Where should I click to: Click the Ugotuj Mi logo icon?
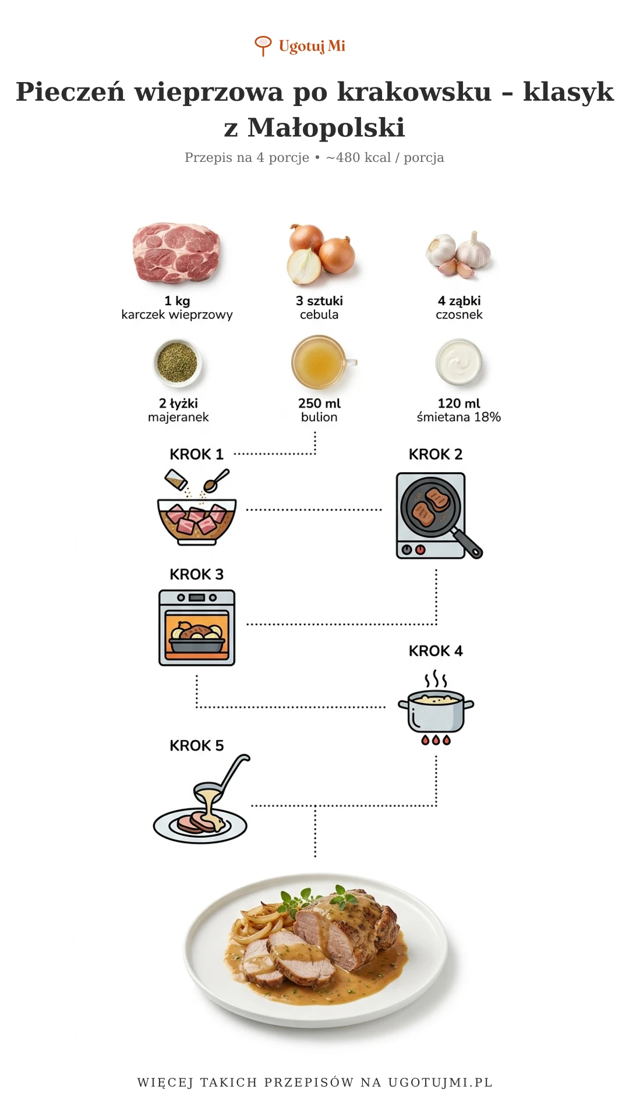(x=263, y=45)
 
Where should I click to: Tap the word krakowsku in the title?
(x=414, y=91)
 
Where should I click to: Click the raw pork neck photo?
(x=176, y=253)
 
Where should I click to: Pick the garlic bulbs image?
(x=459, y=254)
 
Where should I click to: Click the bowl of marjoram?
(x=178, y=362)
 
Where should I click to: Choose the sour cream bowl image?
(x=459, y=362)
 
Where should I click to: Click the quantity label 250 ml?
(x=319, y=403)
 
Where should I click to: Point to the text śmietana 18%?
(x=459, y=417)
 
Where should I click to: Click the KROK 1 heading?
(x=196, y=454)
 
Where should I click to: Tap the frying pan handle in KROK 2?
(x=467, y=543)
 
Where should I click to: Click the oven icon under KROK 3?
(x=197, y=628)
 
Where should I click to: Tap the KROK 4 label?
(x=436, y=651)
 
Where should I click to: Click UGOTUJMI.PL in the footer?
(x=440, y=1082)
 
